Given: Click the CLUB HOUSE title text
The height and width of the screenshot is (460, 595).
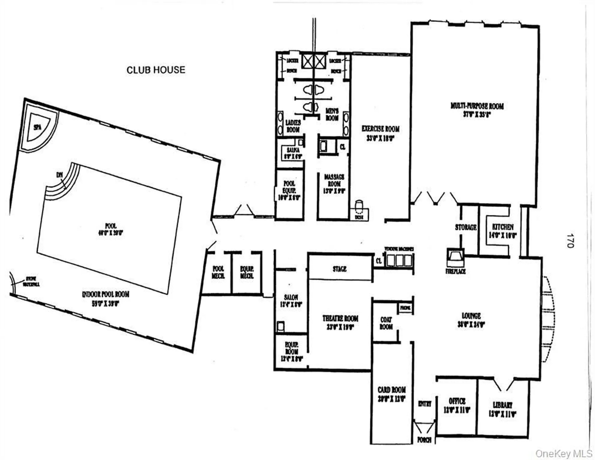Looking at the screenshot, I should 156,70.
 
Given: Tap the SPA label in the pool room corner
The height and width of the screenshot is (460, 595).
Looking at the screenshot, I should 37,127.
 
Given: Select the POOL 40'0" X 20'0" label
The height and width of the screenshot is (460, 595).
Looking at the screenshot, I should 111,229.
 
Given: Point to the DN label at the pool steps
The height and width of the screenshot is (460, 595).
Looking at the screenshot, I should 59,175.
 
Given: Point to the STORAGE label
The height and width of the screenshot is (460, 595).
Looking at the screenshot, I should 466,227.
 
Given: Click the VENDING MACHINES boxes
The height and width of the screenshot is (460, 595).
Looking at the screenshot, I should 399,260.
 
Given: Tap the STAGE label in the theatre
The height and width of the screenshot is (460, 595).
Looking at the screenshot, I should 340,269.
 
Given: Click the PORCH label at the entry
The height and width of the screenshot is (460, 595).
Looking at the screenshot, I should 424,440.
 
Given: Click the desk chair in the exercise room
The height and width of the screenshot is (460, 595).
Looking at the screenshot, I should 359,206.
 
